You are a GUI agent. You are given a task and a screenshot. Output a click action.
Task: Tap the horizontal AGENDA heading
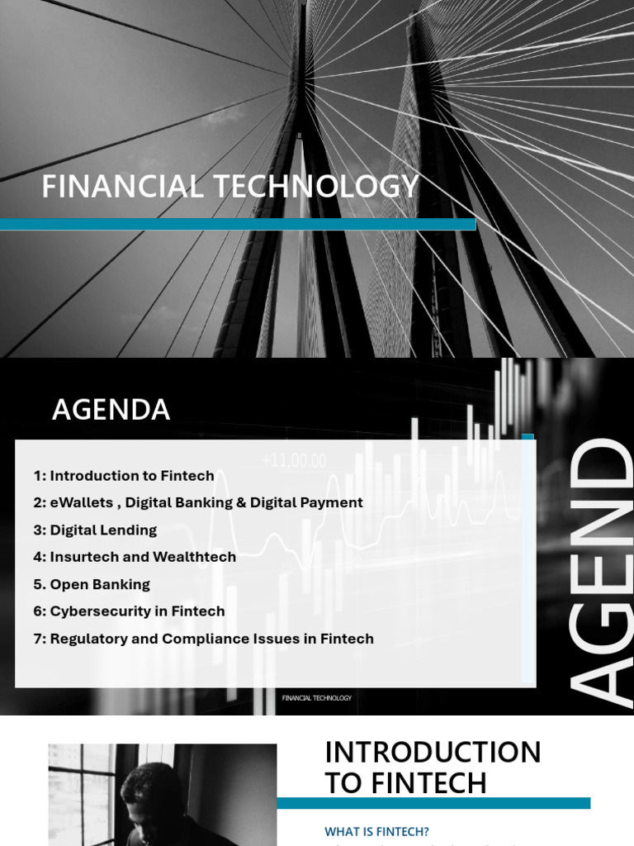pos(111,410)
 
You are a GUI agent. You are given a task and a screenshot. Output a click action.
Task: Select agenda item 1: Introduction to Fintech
pos(124,476)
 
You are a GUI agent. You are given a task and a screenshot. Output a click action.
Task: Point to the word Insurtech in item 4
pos(81,557)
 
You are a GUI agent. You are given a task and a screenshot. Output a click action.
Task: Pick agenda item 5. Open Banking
pos(92,584)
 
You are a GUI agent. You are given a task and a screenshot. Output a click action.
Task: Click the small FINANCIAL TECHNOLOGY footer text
pos(317,698)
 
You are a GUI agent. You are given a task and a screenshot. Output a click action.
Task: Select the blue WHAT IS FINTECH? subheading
pos(377,831)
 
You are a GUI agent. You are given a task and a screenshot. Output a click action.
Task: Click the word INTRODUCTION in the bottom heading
pos(433,753)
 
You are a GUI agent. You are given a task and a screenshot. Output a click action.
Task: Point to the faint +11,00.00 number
pos(294,461)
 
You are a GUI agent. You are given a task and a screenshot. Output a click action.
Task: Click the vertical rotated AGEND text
pos(600,570)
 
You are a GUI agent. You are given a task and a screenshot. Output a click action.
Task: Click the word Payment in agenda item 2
pos(332,502)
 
